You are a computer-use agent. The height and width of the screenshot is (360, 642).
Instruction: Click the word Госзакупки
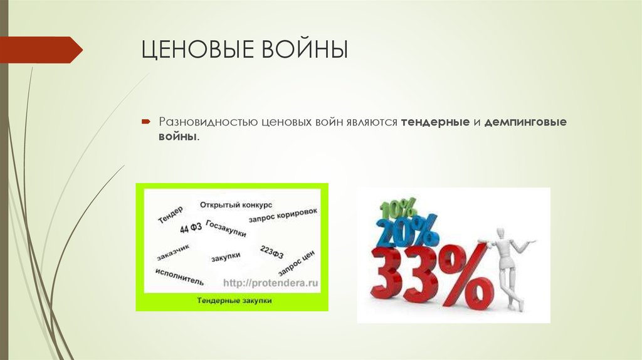pos(226,229)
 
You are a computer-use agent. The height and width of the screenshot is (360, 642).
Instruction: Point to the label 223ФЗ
pos(271,252)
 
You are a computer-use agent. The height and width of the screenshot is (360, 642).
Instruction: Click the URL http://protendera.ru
pos(270,283)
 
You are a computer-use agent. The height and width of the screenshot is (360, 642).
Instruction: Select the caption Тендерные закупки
pos(234,301)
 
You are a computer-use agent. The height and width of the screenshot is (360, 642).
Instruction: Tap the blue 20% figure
pos(408,231)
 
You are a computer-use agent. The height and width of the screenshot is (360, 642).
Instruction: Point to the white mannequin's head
pos(501,234)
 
